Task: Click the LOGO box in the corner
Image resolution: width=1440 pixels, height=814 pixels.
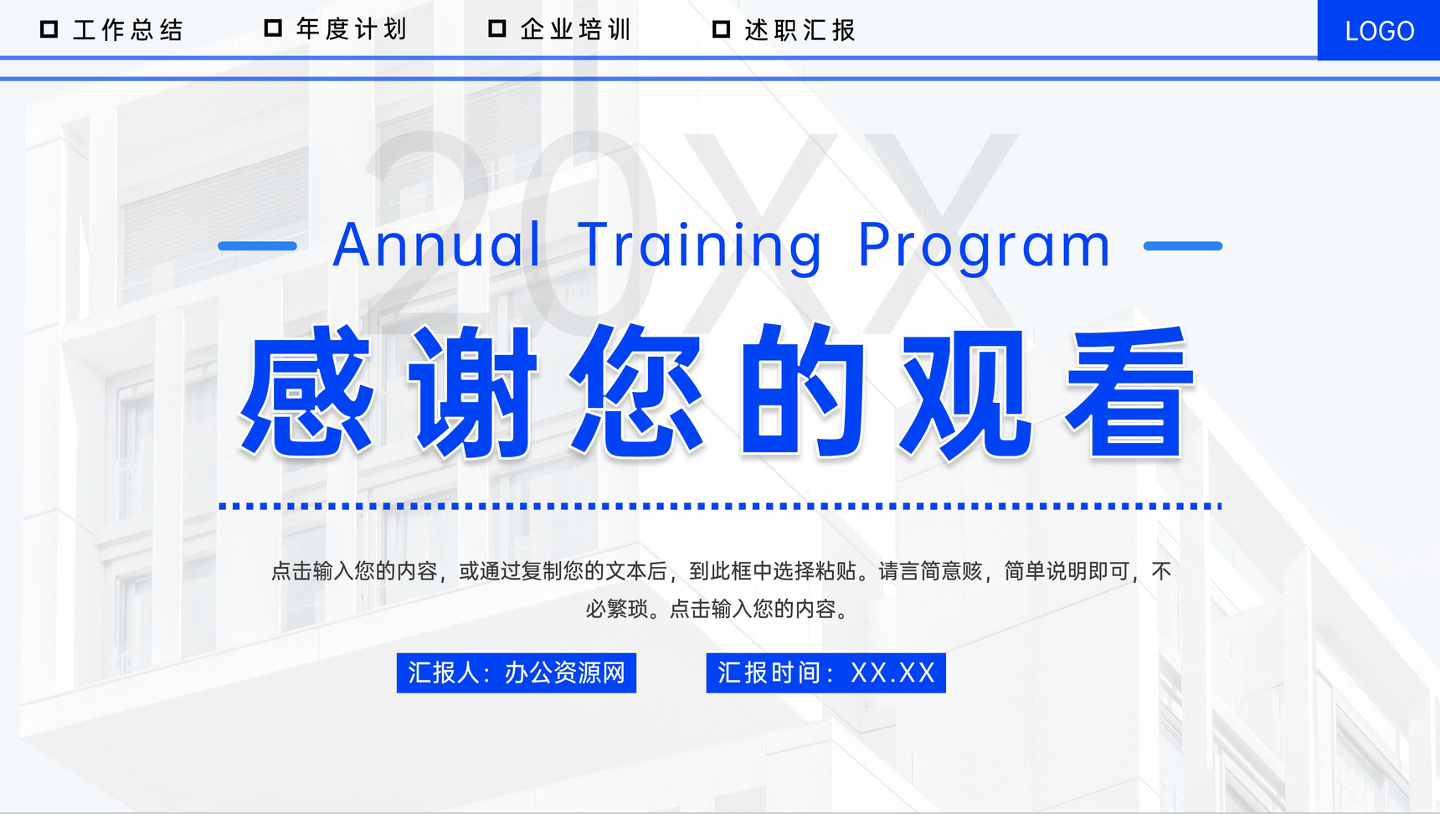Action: (x=1378, y=31)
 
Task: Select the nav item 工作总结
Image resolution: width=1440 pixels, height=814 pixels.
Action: (x=128, y=30)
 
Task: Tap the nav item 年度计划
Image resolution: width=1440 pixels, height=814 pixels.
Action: (x=352, y=29)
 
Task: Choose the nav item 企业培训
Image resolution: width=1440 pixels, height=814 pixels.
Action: (x=576, y=30)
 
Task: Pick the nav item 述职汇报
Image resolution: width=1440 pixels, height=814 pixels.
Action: (x=800, y=30)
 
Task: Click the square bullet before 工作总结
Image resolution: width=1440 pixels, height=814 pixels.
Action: (x=49, y=29)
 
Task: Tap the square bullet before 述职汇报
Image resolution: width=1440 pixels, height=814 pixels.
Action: (x=721, y=29)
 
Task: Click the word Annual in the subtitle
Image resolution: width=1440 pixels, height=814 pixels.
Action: (x=436, y=245)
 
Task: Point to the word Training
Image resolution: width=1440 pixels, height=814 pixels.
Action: (x=700, y=245)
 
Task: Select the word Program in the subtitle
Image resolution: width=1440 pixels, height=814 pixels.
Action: (x=985, y=245)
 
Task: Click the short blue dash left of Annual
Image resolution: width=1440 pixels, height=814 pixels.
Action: (x=257, y=246)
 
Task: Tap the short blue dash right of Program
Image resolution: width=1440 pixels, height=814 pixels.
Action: (x=1182, y=246)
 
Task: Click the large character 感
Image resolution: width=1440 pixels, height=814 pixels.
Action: (x=306, y=392)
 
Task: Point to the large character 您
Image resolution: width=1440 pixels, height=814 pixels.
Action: (x=636, y=392)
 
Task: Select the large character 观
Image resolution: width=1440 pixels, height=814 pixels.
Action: (x=965, y=392)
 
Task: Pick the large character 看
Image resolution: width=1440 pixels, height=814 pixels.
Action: (x=1129, y=392)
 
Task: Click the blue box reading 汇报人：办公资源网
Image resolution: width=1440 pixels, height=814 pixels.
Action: (x=516, y=673)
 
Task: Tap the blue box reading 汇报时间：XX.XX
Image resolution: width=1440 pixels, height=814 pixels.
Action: (x=825, y=673)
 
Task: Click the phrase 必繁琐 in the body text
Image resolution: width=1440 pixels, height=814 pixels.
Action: (x=617, y=609)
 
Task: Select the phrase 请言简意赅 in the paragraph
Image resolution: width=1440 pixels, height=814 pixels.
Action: (x=929, y=571)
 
